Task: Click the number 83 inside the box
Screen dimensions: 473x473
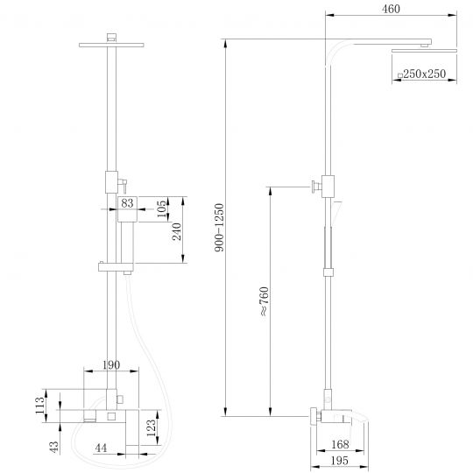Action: point(128,203)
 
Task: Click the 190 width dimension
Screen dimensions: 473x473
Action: point(111,364)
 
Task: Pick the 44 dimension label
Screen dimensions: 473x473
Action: point(102,448)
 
